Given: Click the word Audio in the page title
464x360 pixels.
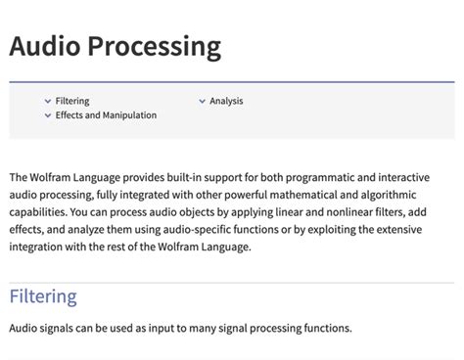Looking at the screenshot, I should (x=48, y=46).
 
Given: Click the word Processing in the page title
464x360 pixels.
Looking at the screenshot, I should (x=157, y=46).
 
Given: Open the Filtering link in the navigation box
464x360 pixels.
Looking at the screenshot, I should (x=71, y=101).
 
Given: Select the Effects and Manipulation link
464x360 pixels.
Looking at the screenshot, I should (x=106, y=115).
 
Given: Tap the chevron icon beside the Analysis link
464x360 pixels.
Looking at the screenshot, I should (x=202, y=101).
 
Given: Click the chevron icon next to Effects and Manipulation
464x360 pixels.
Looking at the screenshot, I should (x=47, y=115).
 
